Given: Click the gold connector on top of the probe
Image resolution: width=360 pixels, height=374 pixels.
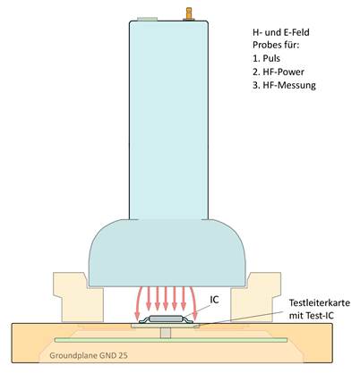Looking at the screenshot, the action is coord(189,13).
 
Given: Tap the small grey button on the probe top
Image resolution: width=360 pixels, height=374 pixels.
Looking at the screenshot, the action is coord(148,19).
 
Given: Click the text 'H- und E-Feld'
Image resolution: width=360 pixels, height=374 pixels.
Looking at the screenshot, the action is coord(281,32).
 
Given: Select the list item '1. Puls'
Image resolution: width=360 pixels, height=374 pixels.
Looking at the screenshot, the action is coord(266,58).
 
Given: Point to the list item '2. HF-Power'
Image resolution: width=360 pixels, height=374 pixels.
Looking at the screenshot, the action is coord(279,72).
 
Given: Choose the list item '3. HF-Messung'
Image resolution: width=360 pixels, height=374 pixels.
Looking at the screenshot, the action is coord(284,85).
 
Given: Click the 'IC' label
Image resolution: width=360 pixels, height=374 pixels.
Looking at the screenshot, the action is coord(214,300).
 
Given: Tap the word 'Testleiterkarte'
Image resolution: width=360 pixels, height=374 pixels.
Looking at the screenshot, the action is coord(320,302).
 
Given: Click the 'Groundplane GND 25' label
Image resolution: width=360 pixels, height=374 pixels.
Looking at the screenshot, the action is coord(89,355).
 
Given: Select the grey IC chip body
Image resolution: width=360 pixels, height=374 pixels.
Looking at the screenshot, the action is coord(166,319).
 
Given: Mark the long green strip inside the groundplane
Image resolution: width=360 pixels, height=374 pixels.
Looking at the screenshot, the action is coord(171,340).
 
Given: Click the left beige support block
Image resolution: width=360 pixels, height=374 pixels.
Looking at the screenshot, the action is coord(78,297).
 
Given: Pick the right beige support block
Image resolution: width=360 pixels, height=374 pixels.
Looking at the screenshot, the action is coord(256,297).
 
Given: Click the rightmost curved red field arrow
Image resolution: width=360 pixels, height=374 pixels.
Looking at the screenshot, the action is coord(193,302).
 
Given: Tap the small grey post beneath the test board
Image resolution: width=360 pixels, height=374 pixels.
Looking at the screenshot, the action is coord(166,333).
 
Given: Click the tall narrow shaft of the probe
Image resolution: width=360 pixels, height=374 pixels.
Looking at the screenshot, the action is coord(168,120).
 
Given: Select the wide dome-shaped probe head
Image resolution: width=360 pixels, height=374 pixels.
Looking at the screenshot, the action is coord(167,253).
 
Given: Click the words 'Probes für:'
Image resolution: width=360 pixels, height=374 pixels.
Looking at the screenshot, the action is coord(276,45).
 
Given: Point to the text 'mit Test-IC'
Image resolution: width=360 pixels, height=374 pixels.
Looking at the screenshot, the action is coord(312,316).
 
